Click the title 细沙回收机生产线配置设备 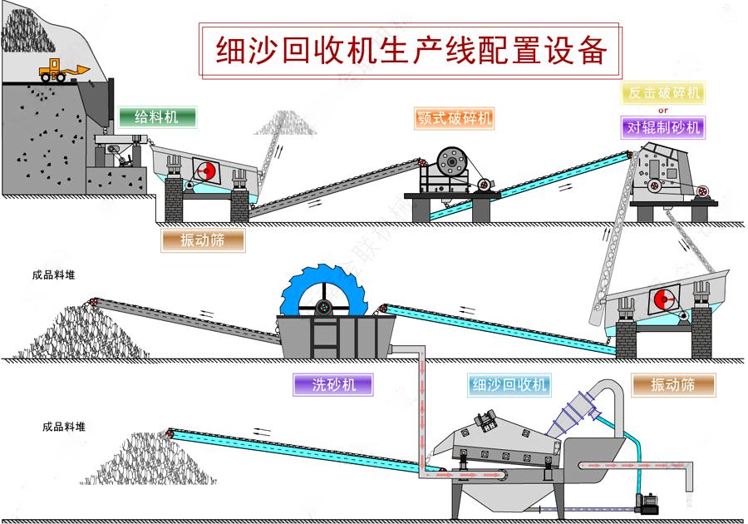pyautogui.click(x=411, y=50)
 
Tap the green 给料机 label pyautogui.click(x=157, y=117)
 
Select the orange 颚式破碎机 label pyautogui.click(x=453, y=117)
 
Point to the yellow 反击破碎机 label pyautogui.click(x=662, y=92)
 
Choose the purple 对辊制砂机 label pyautogui.click(x=662, y=127)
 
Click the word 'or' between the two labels pyautogui.click(x=662, y=110)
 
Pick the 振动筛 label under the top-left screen pyautogui.click(x=204, y=240)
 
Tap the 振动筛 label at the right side pyautogui.click(x=673, y=384)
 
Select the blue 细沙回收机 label pyautogui.click(x=509, y=384)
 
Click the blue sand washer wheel pyautogui.click(x=322, y=299)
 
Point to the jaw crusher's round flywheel pyautogui.click(x=452, y=160)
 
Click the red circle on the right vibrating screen pyautogui.click(x=662, y=299)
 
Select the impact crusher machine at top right pyautogui.click(x=665, y=175)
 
